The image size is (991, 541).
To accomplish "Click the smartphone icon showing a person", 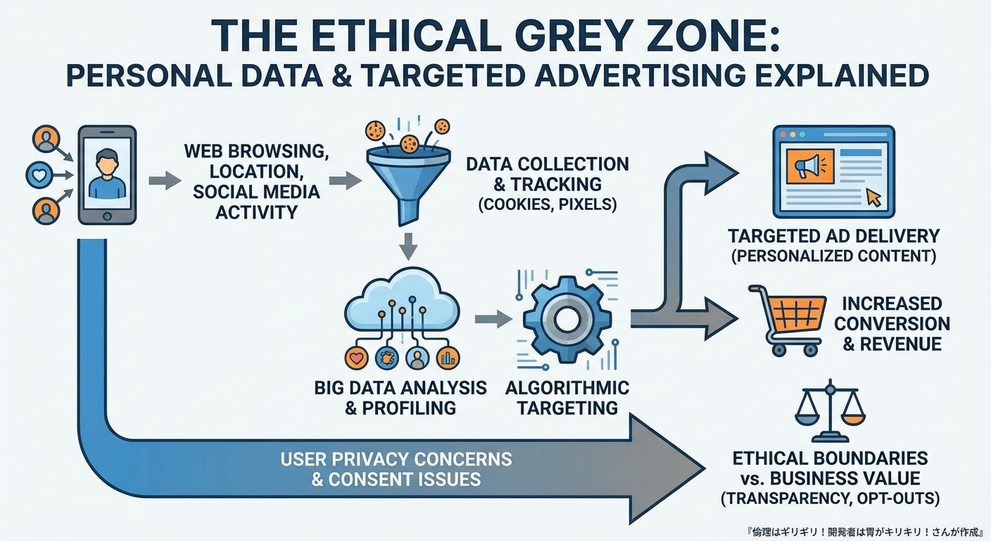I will (107, 175).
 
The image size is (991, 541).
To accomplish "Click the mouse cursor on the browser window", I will (873, 197).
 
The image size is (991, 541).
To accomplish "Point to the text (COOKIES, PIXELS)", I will (547, 205).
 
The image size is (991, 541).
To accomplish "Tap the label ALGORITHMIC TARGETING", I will (567, 397).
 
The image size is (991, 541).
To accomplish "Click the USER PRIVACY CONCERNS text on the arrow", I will (396, 460).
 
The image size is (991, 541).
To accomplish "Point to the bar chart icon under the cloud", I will (447, 358).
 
